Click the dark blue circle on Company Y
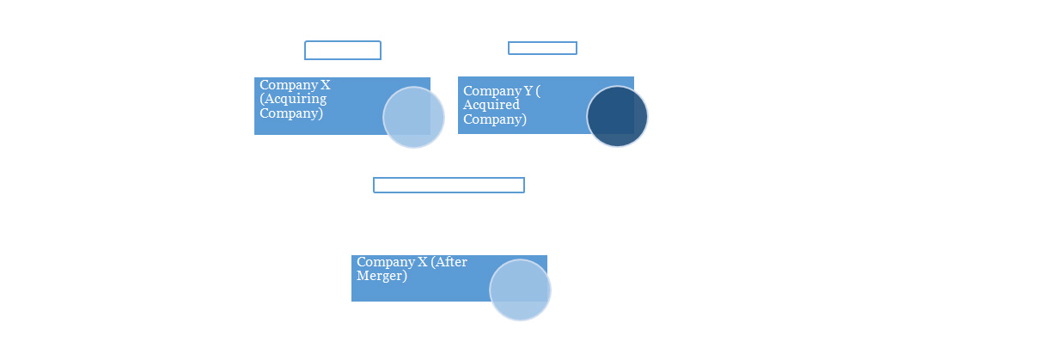coord(617,116)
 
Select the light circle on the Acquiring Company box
coord(413,117)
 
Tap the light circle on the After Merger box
coord(520,290)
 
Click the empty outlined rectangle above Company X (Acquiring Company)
coord(343,51)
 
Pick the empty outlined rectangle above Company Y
coord(542,48)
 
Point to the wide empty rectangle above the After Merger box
coord(449,185)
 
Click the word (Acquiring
coord(293,99)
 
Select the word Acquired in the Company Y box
coord(491,105)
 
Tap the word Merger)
coord(382,276)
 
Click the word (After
coord(449,261)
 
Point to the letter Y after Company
coord(528,90)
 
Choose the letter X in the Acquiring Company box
coord(326,85)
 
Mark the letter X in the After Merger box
coord(422,261)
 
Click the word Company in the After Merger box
coord(386,263)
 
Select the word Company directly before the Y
coord(492,91)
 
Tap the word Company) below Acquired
coord(494,119)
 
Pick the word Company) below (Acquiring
coord(291,113)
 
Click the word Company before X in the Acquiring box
coord(289,85)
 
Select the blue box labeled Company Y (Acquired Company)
coord(546,106)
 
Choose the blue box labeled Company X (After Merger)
coord(449,278)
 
